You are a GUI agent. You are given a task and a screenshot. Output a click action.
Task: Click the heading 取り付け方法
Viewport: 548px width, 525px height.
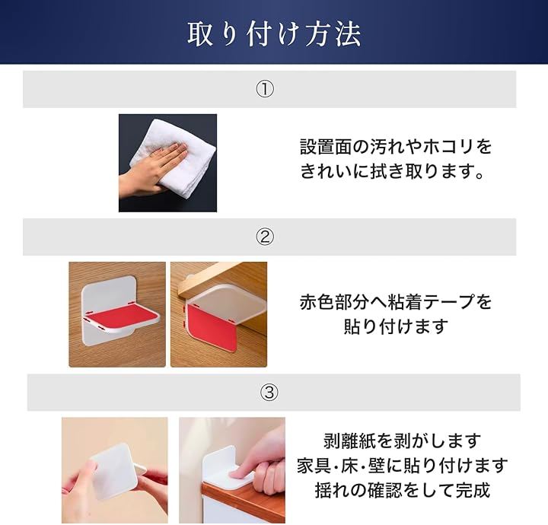(x=274, y=34)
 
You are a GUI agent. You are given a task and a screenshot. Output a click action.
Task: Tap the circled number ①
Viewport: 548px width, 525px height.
(x=266, y=90)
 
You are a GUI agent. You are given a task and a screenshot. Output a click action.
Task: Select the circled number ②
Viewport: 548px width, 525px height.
(x=266, y=237)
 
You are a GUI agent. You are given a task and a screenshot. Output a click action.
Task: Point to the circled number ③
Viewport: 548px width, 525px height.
(x=269, y=393)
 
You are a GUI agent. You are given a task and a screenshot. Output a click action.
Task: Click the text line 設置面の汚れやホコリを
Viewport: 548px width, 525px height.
(x=396, y=146)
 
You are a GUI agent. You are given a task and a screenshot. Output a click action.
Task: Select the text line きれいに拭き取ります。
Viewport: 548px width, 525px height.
(x=392, y=171)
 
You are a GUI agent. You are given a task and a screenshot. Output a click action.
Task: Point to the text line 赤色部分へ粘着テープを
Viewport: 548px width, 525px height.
(x=396, y=301)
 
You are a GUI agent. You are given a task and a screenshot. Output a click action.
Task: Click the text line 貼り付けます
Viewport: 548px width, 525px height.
(x=396, y=326)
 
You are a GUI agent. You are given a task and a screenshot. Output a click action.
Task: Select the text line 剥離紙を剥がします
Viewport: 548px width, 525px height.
(x=402, y=441)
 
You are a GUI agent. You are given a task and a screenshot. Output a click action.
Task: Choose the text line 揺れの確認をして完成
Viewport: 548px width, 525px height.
(x=403, y=490)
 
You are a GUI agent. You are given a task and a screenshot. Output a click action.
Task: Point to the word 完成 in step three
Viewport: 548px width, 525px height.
(x=473, y=490)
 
